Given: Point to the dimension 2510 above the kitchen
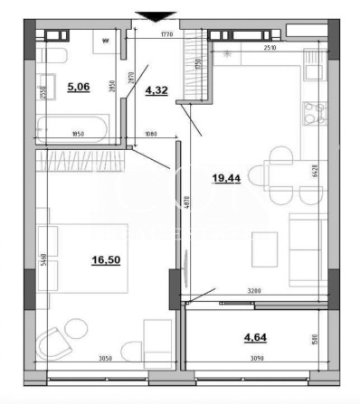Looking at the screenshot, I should [x=269, y=47].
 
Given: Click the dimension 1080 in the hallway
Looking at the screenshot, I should [x=151, y=136].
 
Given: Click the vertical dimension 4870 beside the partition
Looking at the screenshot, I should [x=185, y=204].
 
